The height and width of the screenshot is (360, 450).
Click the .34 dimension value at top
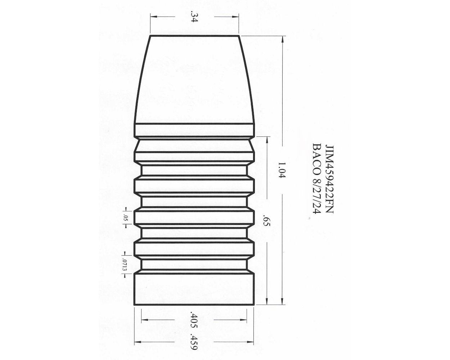click(x=194, y=17)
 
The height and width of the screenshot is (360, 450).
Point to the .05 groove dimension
click(x=125, y=218)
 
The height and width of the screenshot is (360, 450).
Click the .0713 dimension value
click(x=125, y=264)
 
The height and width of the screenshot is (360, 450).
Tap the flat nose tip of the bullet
click(x=194, y=36)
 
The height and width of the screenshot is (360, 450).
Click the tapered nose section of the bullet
click(x=194, y=79)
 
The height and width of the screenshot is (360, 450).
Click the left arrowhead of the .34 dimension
click(x=152, y=17)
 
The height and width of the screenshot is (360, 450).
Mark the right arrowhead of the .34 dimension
click(x=237, y=17)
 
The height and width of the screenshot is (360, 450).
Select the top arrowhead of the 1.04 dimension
click(x=282, y=38)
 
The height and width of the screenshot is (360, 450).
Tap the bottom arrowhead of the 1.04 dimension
click(x=282, y=303)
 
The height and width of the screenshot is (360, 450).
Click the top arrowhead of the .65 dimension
click(x=266, y=139)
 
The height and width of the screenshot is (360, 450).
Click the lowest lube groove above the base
click(x=194, y=265)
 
